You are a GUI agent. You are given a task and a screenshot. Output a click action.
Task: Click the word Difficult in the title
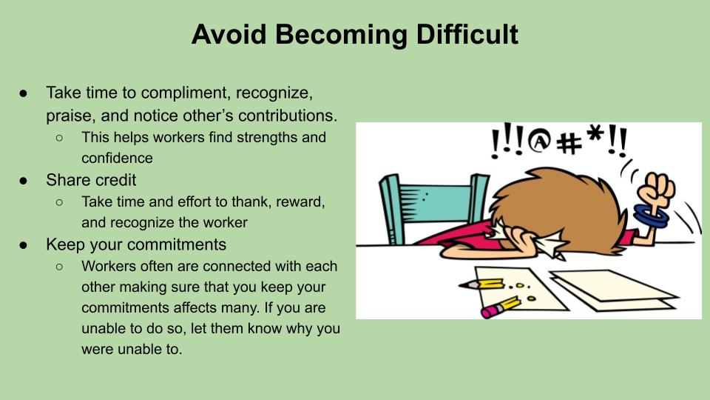tap(467, 34)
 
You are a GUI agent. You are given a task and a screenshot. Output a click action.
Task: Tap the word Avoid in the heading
tap(229, 34)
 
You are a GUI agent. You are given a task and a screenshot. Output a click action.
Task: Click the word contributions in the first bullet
tap(287, 116)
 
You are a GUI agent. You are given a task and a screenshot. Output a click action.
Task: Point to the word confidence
tap(118, 158)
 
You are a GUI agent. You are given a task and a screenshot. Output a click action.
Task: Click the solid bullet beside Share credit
tap(24, 181)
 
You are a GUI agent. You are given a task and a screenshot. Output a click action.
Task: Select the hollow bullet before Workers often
tap(59, 267)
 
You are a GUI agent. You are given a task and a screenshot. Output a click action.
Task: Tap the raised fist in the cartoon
tap(656, 188)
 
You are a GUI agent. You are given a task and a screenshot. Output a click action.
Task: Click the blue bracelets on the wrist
tap(651, 216)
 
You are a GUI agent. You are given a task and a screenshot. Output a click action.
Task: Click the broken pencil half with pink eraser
tap(500, 306)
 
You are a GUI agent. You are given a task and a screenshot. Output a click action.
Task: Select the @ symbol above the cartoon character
tap(539, 141)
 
